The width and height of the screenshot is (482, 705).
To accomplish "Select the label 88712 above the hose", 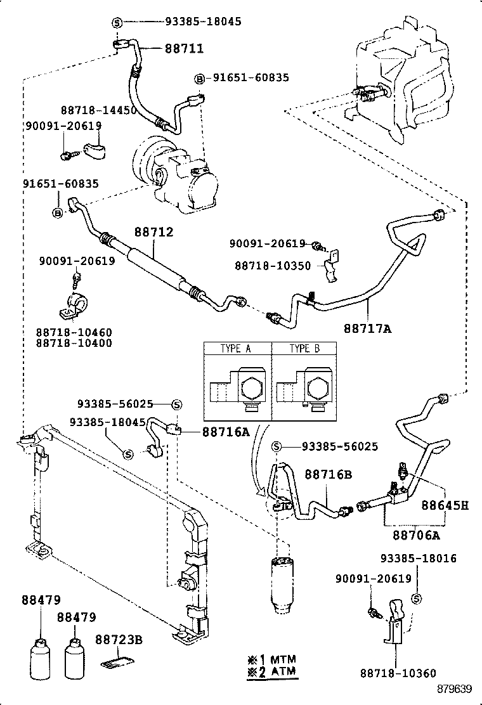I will pos(153,232).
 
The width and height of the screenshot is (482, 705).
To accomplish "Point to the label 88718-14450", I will pos(99,110).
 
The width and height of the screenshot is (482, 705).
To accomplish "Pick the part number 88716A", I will pos(226,432).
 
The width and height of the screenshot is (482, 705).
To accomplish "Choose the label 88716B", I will pos(328,474).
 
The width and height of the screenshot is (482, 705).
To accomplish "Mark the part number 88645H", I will pos(446,505).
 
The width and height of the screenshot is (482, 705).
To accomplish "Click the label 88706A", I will pos(416,535).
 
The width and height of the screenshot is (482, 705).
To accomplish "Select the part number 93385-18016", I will pos(419,558).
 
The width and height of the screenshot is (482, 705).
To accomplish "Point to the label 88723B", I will pos(119,640).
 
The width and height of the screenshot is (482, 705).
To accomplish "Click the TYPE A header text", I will pos(237,348).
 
